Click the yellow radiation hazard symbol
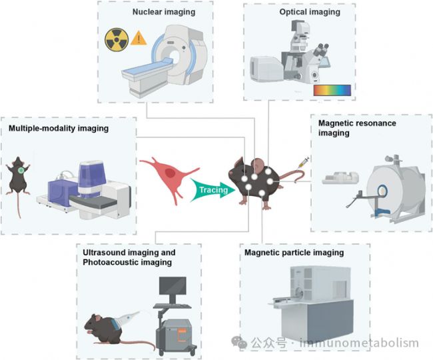[x=117, y=40]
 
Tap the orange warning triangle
[x=139, y=38]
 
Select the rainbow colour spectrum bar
[x=332, y=91]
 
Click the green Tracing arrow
[x=213, y=190]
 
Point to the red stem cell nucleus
[x=170, y=173]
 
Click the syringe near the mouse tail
[x=304, y=163]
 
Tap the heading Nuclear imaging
[x=164, y=12]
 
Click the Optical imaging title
[x=310, y=12]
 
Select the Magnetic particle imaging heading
[x=294, y=253]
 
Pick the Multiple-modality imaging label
[x=59, y=128]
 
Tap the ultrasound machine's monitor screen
[x=173, y=286]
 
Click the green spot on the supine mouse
[x=21, y=171]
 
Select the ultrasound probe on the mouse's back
[x=128, y=318]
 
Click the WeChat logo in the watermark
[x=239, y=342]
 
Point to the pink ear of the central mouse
[x=258, y=165]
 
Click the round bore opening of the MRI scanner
[x=382, y=191]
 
